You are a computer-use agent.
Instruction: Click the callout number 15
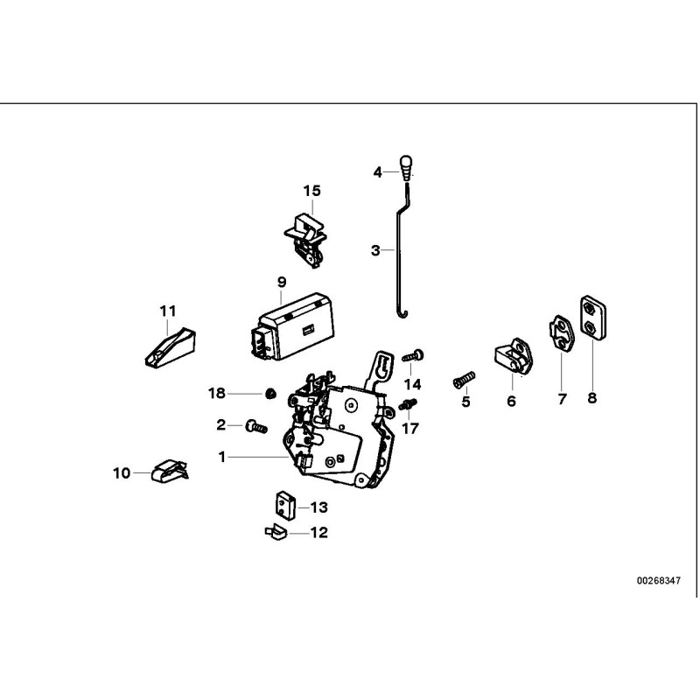[312, 191]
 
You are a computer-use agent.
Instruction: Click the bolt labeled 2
[256, 425]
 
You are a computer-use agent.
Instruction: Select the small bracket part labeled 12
[274, 530]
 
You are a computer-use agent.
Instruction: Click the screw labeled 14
[413, 355]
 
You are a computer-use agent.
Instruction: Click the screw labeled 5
[464, 379]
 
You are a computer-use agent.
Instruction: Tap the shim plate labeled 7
[559, 334]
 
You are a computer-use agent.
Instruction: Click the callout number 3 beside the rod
[375, 250]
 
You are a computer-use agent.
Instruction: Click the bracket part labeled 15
[306, 233]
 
